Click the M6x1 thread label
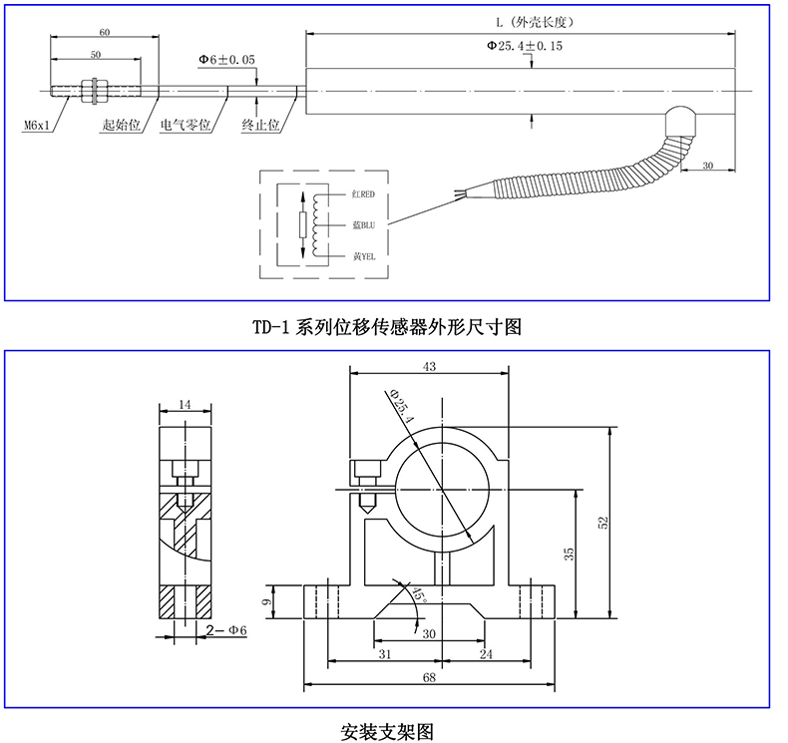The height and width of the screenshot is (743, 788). (37, 125)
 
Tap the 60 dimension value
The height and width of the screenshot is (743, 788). (104, 32)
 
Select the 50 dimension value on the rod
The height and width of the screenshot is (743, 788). (96, 55)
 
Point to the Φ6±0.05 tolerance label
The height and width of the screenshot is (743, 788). (226, 59)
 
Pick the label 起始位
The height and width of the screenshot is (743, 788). (121, 125)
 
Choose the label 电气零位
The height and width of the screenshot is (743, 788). (185, 125)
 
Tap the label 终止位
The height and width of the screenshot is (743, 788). (260, 125)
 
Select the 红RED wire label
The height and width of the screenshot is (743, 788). (363, 194)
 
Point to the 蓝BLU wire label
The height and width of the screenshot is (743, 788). (363, 225)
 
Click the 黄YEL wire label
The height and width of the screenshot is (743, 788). (364, 256)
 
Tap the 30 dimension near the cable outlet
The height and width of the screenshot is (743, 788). (707, 166)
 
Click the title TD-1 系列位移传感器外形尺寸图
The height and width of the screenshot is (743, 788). (386, 327)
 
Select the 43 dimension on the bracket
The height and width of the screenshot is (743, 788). (429, 367)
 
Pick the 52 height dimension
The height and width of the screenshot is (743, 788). (603, 523)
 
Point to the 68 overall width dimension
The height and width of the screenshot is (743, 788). (429, 678)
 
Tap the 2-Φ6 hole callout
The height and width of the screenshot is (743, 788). (226, 630)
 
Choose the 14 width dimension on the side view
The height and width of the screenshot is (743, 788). (185, 404)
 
